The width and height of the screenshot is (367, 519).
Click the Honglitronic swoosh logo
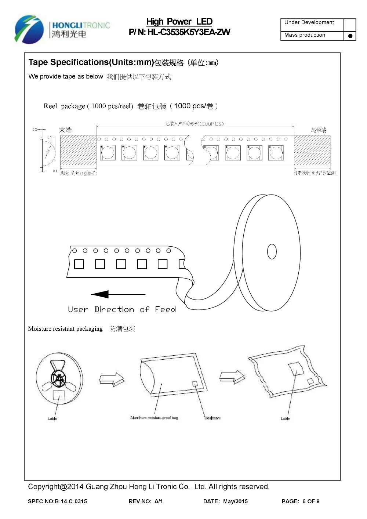[x=26, y=29]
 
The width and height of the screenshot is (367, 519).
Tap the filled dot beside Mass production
[x=350, y=36]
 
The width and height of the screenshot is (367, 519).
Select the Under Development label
[x=309, y=22]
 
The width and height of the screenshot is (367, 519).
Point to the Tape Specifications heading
[x=91, y=62]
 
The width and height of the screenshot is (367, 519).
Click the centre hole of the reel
[x=272, y=251]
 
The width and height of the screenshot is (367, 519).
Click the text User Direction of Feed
[x=122, y=309]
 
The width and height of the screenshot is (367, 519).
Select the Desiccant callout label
[x=212, y=418]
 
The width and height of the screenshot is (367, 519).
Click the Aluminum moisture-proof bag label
[x=154, y=418]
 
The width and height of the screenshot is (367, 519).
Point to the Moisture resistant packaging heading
[x=65, y=329]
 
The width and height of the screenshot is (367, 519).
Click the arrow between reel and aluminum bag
[x=112, y=379]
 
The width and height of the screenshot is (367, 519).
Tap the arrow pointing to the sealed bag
[x=232, y=377]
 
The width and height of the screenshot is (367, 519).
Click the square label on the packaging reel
[x=59, y=395]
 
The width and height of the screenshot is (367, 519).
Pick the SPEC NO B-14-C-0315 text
[x=58, y=501]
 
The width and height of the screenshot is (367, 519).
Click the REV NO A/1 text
[x=146, y=501]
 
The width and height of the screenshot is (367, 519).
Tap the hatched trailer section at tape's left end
[x=78, y=150]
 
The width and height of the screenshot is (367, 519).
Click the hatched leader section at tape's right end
[x=312, y=150]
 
